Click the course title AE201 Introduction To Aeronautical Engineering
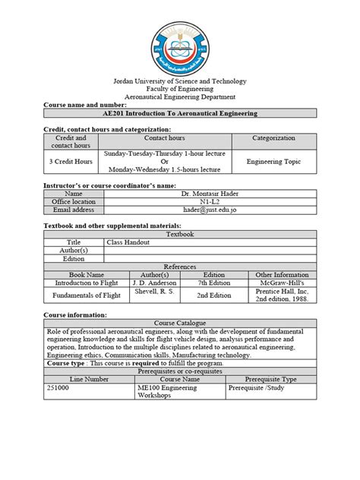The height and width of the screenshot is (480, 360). [180, 113]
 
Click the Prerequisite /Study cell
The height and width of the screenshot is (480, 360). [262, 387]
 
